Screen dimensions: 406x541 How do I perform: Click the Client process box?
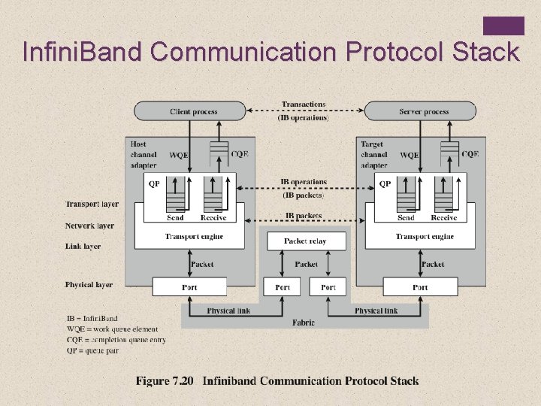(x=193, y=111)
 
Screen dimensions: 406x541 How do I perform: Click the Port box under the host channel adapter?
(x=189, y=287)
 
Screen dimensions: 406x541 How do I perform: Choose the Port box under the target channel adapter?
(x=420, y=287)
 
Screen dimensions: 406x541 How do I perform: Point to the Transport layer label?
(x=92, y=204)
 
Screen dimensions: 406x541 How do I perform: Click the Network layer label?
(x=89, y=226)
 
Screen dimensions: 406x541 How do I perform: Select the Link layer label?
(x=83, y=246)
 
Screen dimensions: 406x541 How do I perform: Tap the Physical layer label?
(x=89, y=285)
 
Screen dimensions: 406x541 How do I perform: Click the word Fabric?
(x=304, y=322)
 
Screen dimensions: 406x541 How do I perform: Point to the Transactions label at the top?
(x=304, y=104)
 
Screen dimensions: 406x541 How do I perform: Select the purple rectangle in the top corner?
(x=503, y=26)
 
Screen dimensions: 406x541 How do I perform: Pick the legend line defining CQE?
(x=116, y=340)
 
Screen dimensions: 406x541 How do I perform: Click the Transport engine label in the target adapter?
(x=425, y=237)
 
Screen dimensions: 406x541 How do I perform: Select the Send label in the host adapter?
(x=175, y=218)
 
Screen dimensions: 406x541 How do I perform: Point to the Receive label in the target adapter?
(x=443, y=218)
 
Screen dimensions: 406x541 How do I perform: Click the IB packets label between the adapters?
(x=304, y=216)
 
